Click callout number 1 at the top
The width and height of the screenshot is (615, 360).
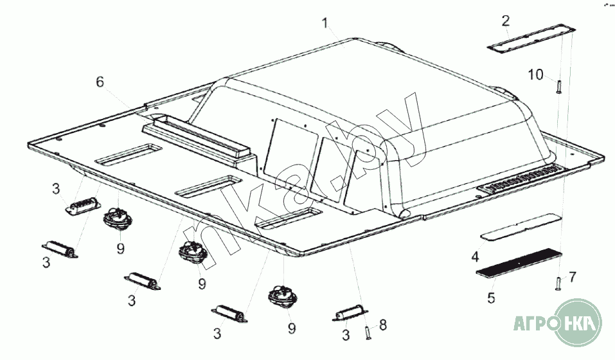[326, 24]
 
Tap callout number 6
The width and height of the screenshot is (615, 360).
[99, 82]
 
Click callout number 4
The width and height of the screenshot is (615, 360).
[475, 257]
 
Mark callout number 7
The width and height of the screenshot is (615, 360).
[572, 276]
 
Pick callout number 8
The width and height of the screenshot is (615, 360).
[383, 325]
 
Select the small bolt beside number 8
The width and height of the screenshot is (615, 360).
[367, 332]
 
